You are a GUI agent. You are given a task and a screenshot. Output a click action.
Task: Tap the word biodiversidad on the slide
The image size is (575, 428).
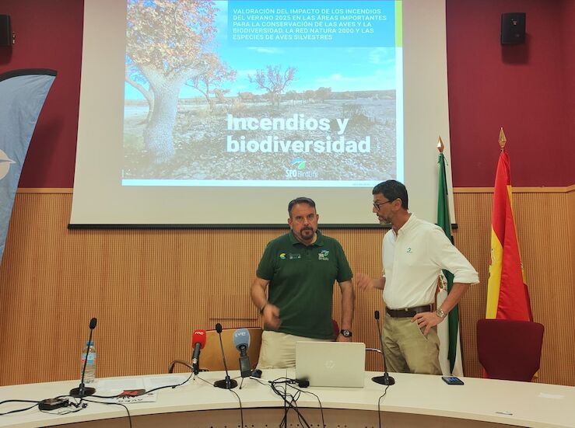coord(298,144)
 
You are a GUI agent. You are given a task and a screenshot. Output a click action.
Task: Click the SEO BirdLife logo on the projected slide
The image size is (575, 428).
coord(296,168)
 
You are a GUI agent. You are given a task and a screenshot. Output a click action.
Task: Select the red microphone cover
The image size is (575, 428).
coord(198,339)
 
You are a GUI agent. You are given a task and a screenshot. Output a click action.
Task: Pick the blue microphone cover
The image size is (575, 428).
coord(241,339)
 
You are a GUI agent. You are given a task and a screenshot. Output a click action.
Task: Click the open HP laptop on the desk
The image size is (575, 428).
coord(330,364)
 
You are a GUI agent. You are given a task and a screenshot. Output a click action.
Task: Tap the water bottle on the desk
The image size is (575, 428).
coord(89,363)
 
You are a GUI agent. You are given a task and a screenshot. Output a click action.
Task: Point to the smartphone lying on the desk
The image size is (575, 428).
coord(452,381)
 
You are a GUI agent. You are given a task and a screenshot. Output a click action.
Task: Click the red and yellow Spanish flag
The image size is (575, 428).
coord(507,249)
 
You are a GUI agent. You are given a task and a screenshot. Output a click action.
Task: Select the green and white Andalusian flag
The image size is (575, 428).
coord(446,256)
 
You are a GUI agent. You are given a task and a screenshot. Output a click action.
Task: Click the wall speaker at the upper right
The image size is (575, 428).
coord(513,28)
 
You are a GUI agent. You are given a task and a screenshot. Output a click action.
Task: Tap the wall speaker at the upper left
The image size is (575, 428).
coord(5,30)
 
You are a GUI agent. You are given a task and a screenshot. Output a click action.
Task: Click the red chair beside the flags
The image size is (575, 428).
coord(510,349)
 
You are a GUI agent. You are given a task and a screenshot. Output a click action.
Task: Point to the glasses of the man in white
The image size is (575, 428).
coord(381,204)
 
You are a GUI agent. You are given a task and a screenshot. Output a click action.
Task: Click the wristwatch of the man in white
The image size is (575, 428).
coord(440,313)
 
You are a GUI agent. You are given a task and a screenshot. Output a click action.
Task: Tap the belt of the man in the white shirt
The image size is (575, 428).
coord(408,311)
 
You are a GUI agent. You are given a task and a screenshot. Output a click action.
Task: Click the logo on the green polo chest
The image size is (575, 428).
coord(323,256)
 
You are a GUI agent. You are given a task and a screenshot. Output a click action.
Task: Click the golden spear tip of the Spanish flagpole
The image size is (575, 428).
coord(502,137)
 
